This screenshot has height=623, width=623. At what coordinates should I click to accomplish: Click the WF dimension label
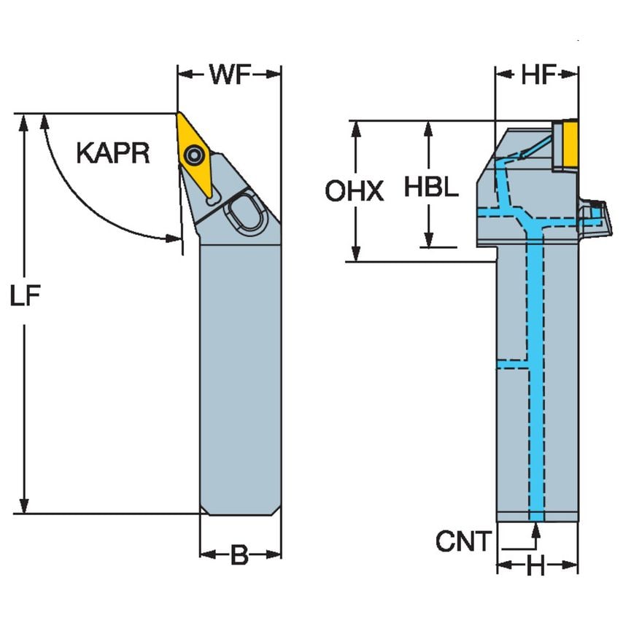tap(230, 74)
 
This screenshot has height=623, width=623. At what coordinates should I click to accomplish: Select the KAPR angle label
tap(113, 154)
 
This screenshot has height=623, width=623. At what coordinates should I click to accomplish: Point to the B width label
tap(239, 556)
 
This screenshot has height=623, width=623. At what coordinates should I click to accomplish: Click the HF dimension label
tap(538, 74)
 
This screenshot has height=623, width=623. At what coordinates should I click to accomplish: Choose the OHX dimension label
tap(354, 191)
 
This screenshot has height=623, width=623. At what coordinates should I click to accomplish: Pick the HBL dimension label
tap(431, 187)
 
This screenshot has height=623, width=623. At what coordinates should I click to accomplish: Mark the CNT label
tap(464, 541)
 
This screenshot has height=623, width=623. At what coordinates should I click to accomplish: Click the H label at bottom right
tap(536, 567)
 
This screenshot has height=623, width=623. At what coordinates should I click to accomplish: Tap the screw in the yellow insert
tap(195, 154)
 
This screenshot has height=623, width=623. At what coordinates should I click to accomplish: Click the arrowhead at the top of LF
tap(25, 121)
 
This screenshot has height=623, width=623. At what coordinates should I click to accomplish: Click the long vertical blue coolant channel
tap(536, 379)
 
